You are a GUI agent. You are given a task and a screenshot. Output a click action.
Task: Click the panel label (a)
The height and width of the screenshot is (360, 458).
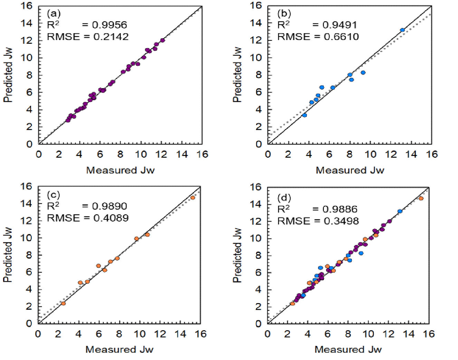(x=54, y=13)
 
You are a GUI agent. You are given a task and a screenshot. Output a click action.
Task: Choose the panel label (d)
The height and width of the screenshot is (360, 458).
(x=284, y=198)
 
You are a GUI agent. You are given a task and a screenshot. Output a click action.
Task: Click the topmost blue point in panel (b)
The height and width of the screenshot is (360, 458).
(x=402, y=30)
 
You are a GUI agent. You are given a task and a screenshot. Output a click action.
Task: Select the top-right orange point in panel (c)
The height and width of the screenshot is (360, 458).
(x=193, y=198)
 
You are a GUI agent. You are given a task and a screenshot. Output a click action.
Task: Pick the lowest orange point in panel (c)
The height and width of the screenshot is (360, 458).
(x=63, y=303)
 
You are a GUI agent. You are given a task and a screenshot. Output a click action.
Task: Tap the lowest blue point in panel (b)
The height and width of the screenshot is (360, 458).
(x=304, y=115)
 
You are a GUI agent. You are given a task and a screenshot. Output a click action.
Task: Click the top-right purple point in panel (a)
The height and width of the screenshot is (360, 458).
(x=163, y=40)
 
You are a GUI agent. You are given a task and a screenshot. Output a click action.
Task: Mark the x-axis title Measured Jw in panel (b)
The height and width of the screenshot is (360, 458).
(x=350, y=170)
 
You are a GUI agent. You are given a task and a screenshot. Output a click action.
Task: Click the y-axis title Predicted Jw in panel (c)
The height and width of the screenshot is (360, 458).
(x=8, y=255)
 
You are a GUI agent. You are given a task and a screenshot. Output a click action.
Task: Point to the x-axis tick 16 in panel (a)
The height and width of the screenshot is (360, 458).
(x=202, y=154)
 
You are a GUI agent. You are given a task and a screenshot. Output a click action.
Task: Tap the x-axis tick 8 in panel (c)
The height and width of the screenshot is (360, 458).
(x=119, y=334)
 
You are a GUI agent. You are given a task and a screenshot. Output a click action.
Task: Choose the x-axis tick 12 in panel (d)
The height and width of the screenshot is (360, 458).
(x=389, y=334)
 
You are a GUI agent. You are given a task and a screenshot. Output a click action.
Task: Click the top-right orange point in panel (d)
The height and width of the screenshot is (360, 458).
(x=421, y=198)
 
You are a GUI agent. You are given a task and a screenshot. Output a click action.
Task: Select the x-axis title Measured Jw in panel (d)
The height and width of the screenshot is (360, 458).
(x=348, y=349)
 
